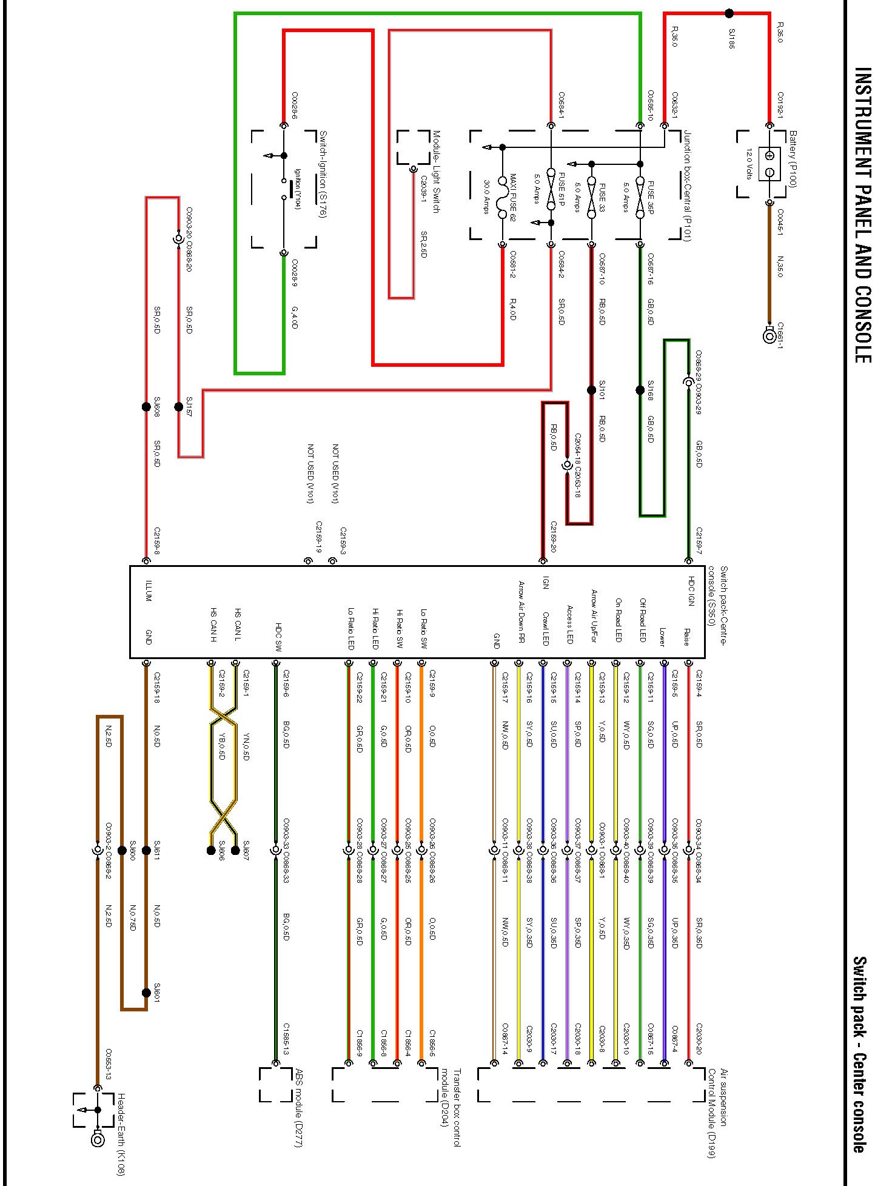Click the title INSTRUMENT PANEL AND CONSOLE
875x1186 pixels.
point(861,215)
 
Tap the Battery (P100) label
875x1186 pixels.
point(793,159)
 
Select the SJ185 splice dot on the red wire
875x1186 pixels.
point(729,13)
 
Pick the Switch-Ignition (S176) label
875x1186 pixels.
point(323,175)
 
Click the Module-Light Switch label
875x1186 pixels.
point(435,172)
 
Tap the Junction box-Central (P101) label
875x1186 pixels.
point(686,186)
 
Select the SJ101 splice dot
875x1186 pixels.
point(592,390)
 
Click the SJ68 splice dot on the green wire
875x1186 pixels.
point(640,390)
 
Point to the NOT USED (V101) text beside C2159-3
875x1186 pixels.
point(335,474)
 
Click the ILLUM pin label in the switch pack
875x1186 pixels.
point(149,591)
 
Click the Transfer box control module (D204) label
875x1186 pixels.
point(452,1107)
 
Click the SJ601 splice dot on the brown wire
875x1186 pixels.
point(146,993)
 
